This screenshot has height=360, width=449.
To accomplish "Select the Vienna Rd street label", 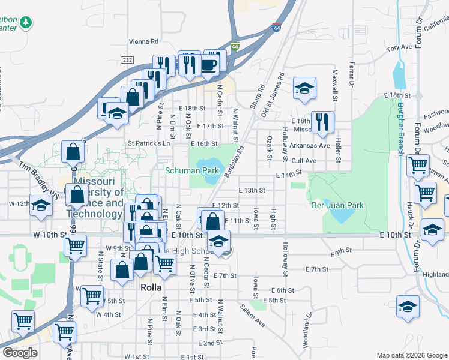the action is pyautogui.click(x=143, y=42).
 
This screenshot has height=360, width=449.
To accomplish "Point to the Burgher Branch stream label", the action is pyautogui.click(x=400, y=130).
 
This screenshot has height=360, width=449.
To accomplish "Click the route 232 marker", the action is pyautogui.click(x=126, y=60).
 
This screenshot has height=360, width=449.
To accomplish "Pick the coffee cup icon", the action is pyautogui.click(x=209, y=64).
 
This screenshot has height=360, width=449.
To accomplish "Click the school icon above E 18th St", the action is pyautogui.click(x=304, y=88).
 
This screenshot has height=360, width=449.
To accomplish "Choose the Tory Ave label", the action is pyautogui.click(x=399, y=47).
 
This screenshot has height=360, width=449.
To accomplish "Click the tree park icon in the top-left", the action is pyautogui.click(x=25, y=23).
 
